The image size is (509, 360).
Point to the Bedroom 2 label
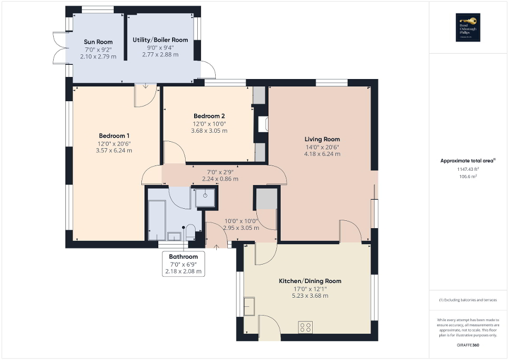(209, 116)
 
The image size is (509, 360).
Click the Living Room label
(322, 139)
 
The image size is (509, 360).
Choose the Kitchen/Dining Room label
(310, 281)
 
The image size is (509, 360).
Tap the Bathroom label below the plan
(183, 257)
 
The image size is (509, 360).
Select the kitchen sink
(249, 307)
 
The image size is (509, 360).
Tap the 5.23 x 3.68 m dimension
(310, 296)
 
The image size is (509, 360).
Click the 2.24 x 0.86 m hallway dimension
(220, 179)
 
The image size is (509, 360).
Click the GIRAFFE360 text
(468, 345)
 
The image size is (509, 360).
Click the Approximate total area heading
(466, 161)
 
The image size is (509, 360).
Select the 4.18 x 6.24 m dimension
(322, 154)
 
